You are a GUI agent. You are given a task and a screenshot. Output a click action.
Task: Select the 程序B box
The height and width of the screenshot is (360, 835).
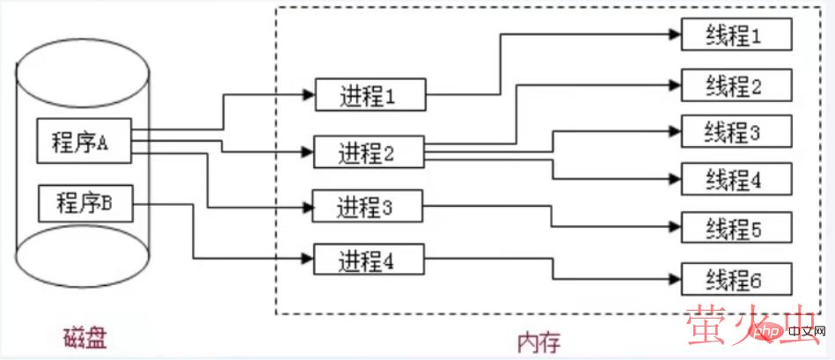pos(84,204)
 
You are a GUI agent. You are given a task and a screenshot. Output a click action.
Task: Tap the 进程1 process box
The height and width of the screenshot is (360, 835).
pos(370,95)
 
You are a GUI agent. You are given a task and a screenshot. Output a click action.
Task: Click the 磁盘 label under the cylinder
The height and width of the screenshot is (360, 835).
pos(85,338)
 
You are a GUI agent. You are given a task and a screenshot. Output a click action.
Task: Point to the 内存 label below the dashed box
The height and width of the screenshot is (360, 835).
pos(539,340)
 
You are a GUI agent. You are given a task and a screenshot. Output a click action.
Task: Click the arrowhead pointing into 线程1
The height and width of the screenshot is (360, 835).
pos(676,35)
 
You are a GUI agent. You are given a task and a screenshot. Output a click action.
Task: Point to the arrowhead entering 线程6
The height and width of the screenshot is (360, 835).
pos(676,281)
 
